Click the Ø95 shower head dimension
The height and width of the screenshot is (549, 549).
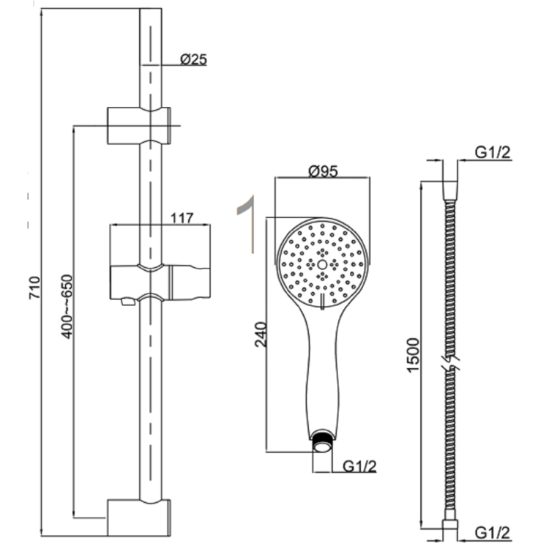(322, 172)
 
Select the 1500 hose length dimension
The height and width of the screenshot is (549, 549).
(414, 357)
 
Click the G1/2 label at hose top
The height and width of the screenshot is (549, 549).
(492, 152)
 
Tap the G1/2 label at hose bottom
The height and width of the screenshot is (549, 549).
(492, 531)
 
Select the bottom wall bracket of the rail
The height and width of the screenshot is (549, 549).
(139, 518)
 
